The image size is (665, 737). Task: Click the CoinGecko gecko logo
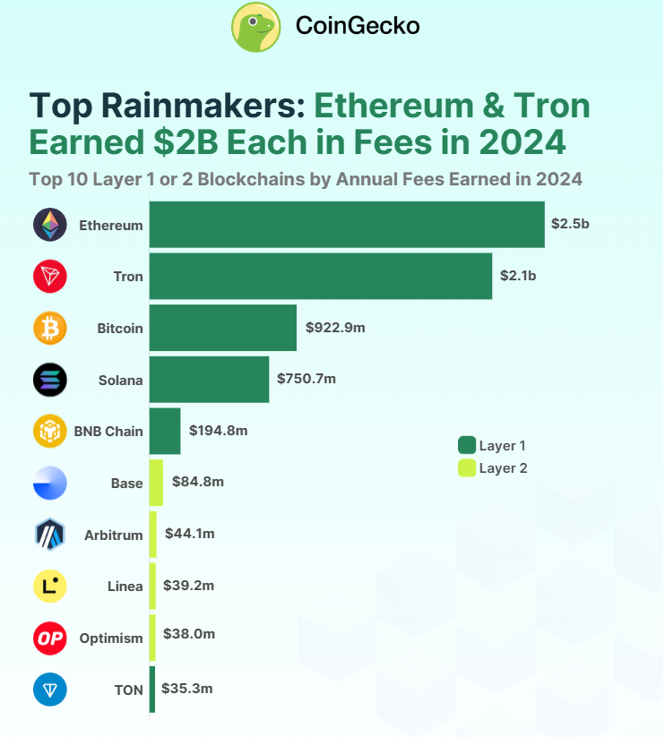pos(257,27)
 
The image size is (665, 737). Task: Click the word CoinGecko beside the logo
pos(357,27)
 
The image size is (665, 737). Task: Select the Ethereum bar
pos(346,225)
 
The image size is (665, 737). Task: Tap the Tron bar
pos(320,276)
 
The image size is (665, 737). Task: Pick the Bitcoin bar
pos(222,328)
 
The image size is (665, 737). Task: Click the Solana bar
pos(209,379)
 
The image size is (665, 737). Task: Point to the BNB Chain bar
pos(165,431)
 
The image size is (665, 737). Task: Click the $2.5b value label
pos(571,224)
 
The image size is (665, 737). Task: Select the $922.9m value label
pos(335,328)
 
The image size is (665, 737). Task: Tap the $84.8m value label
pos(197,482)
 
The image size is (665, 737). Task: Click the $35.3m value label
pos(186,689)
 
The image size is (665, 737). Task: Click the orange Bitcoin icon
pos(50,328)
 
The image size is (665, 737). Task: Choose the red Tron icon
pos(50,277)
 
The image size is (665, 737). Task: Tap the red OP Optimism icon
pos(50,638)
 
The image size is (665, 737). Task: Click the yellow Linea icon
pos(50,587)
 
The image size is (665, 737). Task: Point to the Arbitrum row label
pos(113,535)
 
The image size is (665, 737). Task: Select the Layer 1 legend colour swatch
pos(466,445)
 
